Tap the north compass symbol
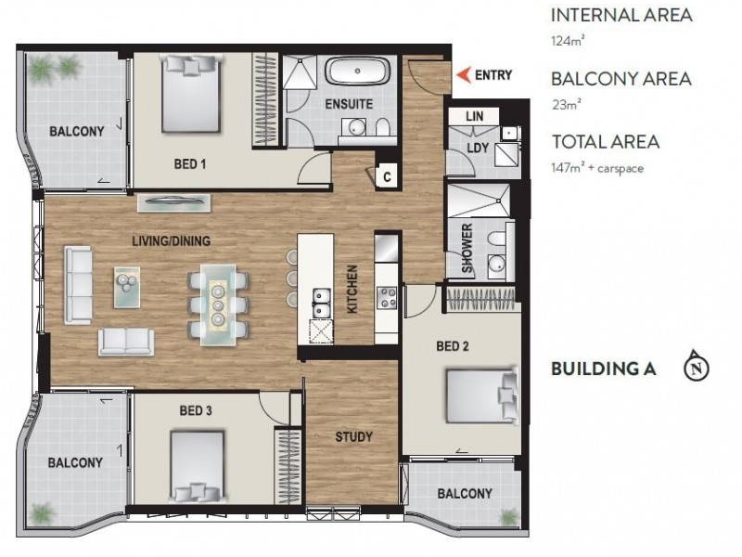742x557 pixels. tap(696, 368)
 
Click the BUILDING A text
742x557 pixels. tap(603, 369)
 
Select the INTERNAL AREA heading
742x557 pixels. tap(620, 16)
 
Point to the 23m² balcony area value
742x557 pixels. tap(564, 104)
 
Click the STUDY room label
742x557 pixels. tap(353, 436)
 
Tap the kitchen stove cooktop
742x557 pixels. tap(387, 297)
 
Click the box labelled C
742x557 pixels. tap(387, 175)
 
